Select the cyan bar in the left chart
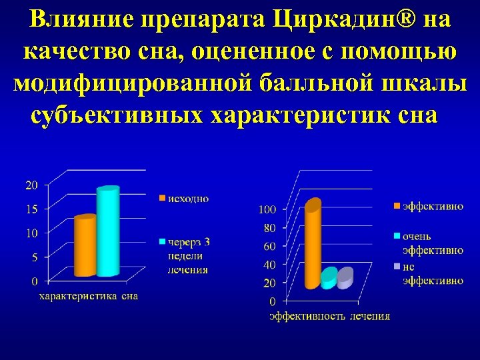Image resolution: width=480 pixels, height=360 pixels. tap(107, 232)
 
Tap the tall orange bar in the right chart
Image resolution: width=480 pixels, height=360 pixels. tap(313, 245)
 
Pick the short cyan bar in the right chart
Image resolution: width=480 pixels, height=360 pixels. tap(329, 279)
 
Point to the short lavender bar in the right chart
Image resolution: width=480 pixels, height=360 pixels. tap(345, 278)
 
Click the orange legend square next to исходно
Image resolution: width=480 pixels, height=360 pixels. tap(162, 198)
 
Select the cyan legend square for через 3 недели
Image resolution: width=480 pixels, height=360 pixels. tap(162, 241)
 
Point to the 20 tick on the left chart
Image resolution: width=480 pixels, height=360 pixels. tap(32, 185)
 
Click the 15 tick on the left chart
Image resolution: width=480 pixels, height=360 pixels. tap(32, 209)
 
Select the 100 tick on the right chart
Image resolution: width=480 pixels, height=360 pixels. tap(267, 209)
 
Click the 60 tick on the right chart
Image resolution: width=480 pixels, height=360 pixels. tap(269, 246)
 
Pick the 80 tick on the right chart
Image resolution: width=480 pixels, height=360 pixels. tap(269, 227)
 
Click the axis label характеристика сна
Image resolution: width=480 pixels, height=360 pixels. tap(88, 296)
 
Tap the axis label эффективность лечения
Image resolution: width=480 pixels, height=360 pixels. tap(329, 316)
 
